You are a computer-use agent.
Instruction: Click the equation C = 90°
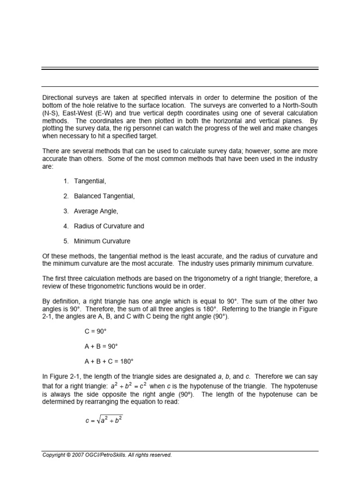tap(97, 331)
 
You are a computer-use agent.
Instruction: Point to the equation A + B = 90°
tap(101, 346)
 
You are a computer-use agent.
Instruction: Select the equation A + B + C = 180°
tap(109, 361)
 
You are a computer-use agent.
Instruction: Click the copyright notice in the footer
tap(107, 455)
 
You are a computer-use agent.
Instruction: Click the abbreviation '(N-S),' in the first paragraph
tap(51, 113)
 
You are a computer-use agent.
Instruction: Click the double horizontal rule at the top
tap(180, 69)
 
